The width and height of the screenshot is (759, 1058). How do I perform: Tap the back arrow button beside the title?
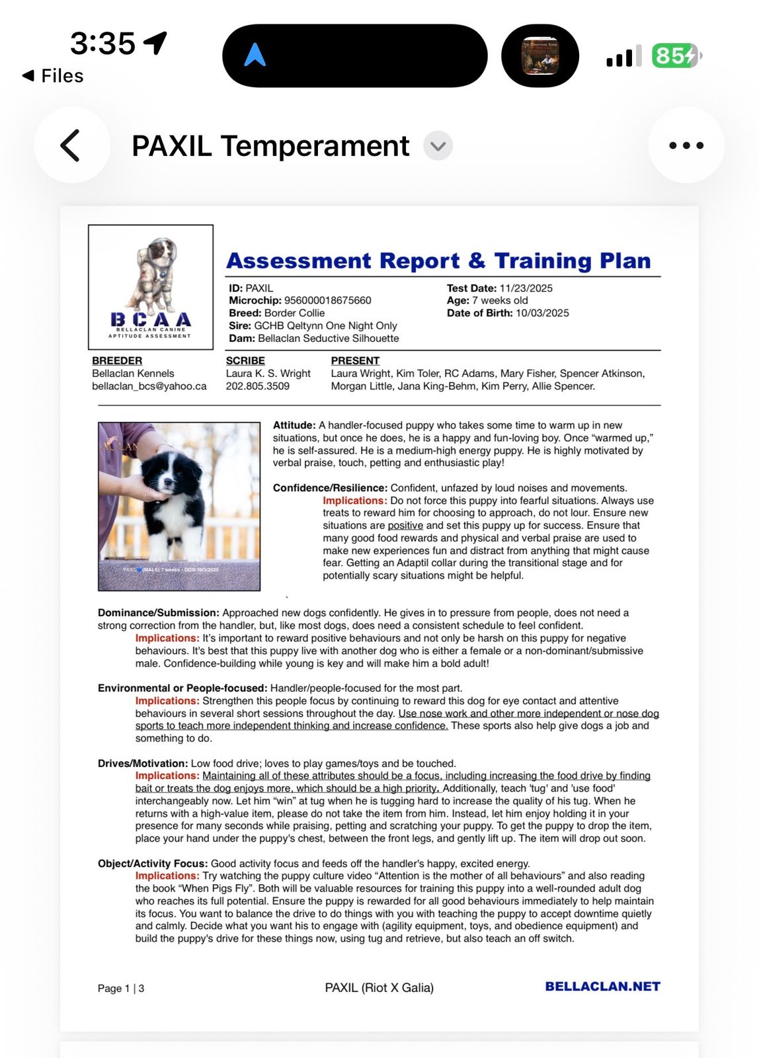coord(71,145)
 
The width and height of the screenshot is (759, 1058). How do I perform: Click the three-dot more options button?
coord(686,145)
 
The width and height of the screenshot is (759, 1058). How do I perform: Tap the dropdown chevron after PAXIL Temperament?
coord(438,145)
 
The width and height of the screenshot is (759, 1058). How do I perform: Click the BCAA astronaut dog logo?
coord(151,286)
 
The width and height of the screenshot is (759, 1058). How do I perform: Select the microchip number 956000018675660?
coord(327,300)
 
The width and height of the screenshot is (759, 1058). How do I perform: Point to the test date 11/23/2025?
coord(526,288)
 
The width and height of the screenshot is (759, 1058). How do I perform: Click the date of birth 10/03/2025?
coord(541,313)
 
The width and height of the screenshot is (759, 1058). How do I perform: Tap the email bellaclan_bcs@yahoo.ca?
coord(149,386)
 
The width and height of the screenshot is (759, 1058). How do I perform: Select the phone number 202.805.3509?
coord(257,386)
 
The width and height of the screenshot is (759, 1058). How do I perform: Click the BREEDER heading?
coord(117,360)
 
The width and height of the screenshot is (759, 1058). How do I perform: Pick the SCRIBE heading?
coord(245,360)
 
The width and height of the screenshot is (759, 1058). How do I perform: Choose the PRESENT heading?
coord(355,360)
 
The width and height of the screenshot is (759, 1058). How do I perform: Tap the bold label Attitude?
coord(294,425)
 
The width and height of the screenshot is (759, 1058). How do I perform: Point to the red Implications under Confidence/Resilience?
coord(354,501)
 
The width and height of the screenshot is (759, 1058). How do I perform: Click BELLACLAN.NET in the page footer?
coord(602,987)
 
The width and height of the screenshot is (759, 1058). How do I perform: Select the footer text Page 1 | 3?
coord(121,989)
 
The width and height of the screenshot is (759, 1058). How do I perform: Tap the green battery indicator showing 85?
coord(675,56)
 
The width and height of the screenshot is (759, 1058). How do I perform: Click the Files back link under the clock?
coord(54,76)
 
